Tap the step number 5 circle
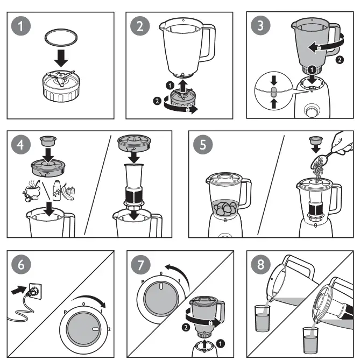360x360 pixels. [206, 144]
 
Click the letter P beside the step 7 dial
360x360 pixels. [143, 282]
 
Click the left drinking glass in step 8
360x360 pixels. [263, 319]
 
